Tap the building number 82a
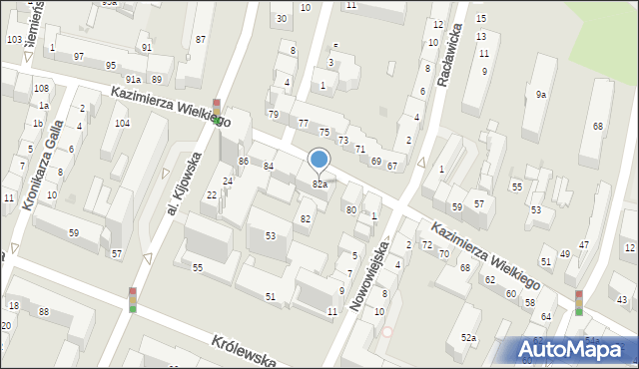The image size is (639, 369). pos(319,184)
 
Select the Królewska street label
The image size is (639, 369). pos(244,350)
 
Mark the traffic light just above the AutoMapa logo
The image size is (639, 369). pos(579,302)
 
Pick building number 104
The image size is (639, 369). pos(122,123)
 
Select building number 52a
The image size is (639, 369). pos(468,339)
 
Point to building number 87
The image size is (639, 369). pos(201,39)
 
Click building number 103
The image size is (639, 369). pos(14,39)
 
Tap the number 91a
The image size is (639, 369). pos(133,79)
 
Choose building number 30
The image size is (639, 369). pos(282,18)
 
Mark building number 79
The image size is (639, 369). pos(273,115)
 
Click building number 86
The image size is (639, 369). pos(243,161)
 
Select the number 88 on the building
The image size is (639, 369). pos(43,312)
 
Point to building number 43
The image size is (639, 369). pos(621,299)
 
